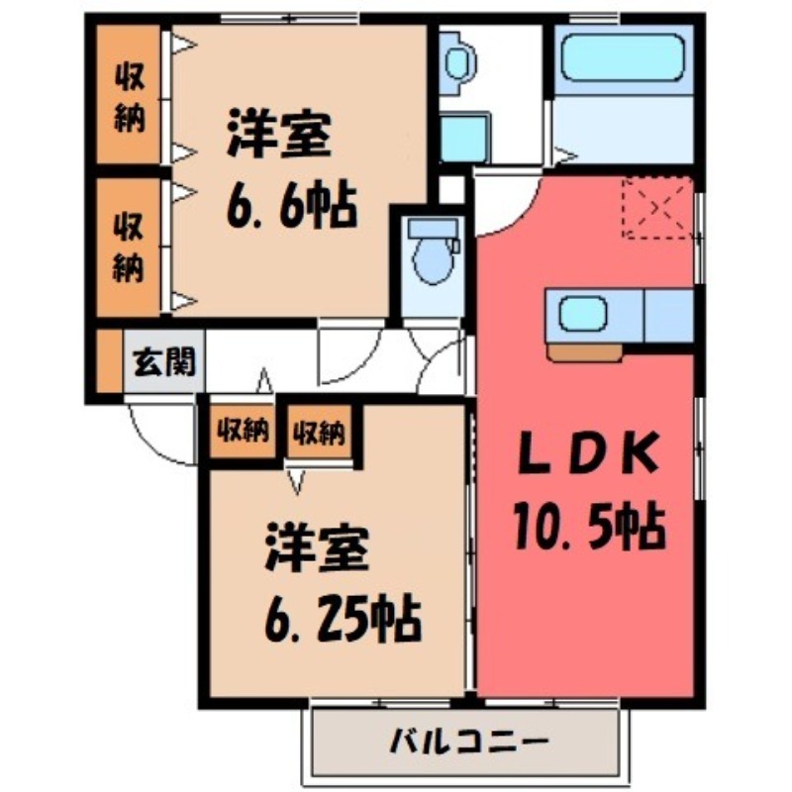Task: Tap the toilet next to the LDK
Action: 434,252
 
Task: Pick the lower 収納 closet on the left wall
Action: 128,246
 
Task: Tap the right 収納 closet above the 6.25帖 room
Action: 318,431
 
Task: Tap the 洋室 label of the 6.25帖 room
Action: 317,549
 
